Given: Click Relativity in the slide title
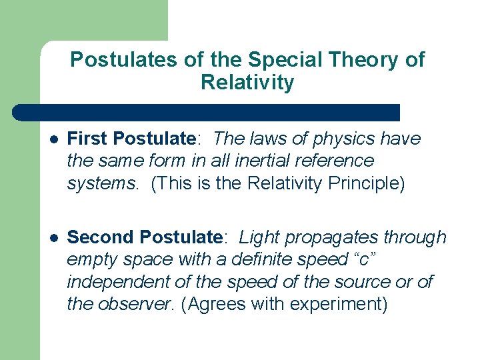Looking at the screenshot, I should click(247, 83).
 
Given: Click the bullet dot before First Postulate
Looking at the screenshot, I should click(53, 139).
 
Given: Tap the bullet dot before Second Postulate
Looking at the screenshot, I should click(53, 238).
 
